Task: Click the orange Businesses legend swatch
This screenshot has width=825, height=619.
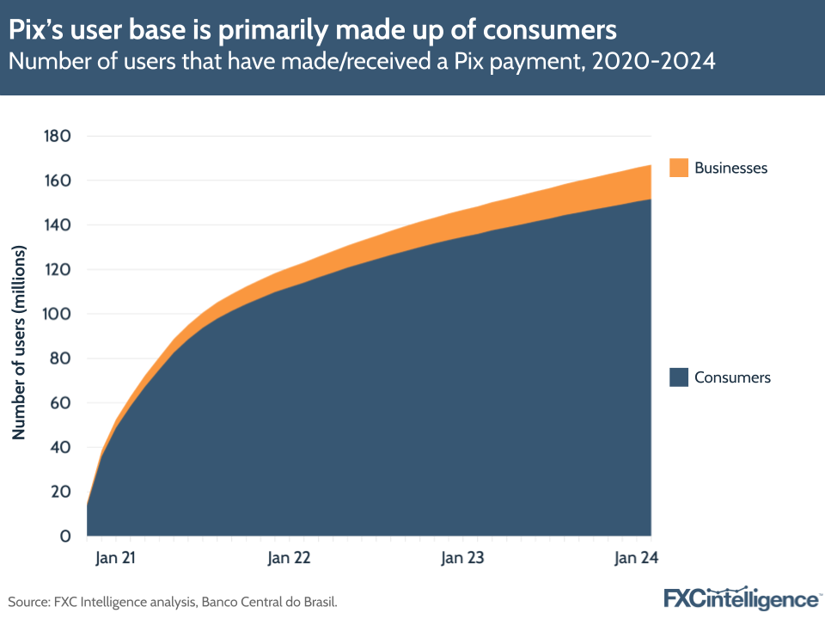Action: tap(679, 168)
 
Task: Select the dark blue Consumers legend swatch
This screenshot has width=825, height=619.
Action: tap(679, 377)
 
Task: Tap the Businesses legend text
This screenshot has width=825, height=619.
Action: tap(730, 168)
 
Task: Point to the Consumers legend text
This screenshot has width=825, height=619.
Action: tap(732, 377)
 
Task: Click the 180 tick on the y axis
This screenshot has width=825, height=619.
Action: tap(57, 136)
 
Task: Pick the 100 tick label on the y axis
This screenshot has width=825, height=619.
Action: tap(57, 314)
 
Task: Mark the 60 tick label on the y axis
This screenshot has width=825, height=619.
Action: tap(60, 402)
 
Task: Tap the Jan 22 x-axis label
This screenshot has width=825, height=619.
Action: tap(289, 558)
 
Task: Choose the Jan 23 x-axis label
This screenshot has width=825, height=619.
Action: tap(462, 558)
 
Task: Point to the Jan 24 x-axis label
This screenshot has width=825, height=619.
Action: tap(635, 558)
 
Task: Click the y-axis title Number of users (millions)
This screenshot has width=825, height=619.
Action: tap(19, 342)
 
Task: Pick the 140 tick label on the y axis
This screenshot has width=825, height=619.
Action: tap(57, 225)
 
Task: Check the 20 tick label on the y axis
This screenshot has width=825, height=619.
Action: tap(60, 492)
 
